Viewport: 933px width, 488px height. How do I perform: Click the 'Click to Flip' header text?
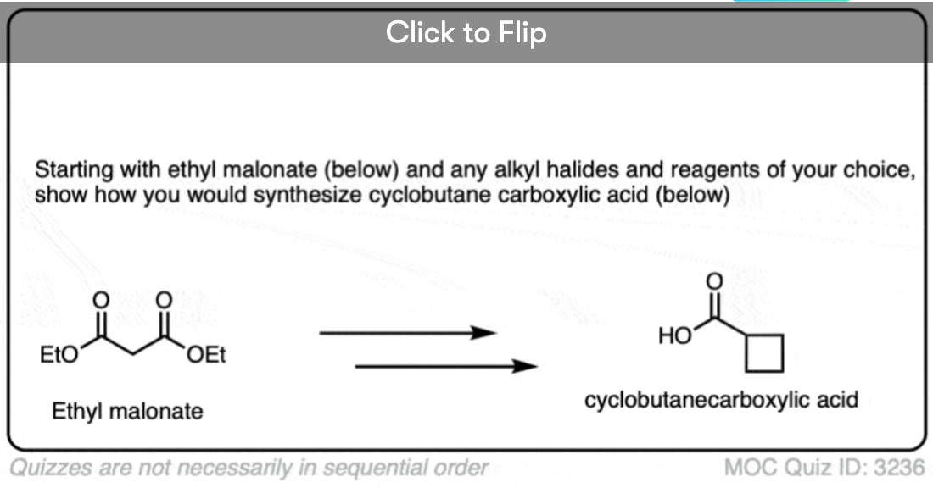click(x=466, y=32)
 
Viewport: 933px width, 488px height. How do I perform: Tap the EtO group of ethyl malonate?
click(x=59, y=355)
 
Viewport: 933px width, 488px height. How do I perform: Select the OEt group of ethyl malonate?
click(x=206, y=355)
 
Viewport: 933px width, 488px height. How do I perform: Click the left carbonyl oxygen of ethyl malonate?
click(x=101, y=300)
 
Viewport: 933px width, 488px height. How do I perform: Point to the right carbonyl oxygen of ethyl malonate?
click(x=164, y=300)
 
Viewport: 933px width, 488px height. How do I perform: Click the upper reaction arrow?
click(x=408, y=333)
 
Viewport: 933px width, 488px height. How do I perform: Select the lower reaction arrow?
click(x=446, y=366)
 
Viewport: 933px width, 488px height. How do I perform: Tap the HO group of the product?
click(x=675, y=335)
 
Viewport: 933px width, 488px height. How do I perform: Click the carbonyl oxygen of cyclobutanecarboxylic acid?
click(x=714, y=281)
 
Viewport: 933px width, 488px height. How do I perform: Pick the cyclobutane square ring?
click(x=746, y=353)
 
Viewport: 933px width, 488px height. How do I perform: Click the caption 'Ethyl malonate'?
click(x=127, y=411)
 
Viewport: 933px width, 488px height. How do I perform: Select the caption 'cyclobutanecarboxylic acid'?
click(x=721, y=399)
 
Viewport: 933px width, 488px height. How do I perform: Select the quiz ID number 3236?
click(x=899, y=467)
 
